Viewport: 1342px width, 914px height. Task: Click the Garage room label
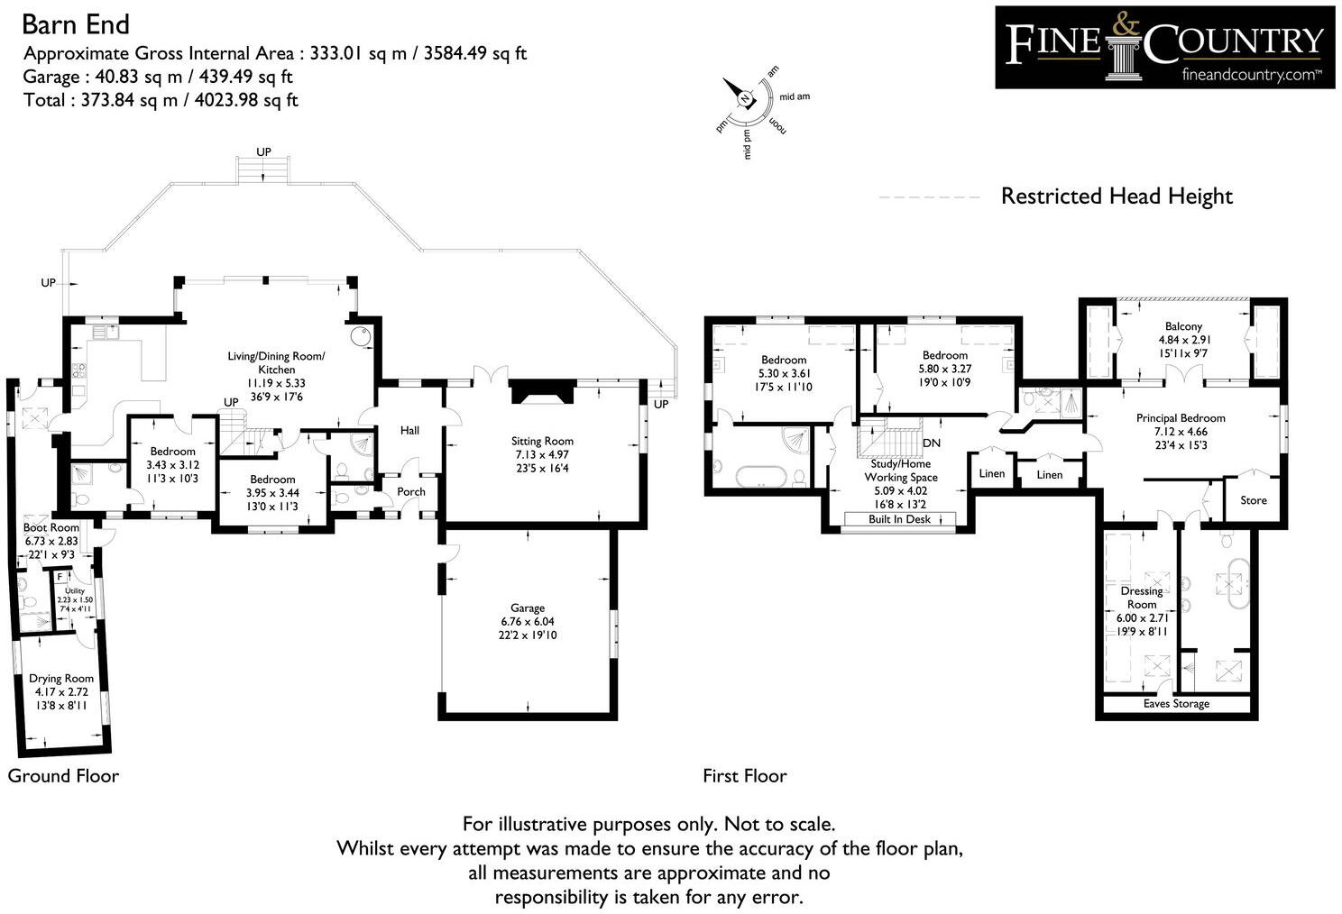point(528,608)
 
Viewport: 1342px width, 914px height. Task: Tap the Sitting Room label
point(541,442)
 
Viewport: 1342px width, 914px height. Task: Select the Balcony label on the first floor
point(1183,326)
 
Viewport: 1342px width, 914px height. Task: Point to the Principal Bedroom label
point(1180,418)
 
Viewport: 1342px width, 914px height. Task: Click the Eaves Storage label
point(1176,704)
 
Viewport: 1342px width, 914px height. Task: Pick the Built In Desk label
point(899,519)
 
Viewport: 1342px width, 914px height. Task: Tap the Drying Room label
point(61,679)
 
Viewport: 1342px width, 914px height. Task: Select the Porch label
point(411,491)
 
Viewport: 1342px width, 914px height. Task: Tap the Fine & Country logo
point(1164,47)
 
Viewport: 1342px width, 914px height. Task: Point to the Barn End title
point(76,23)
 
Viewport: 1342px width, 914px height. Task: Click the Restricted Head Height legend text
point(1116,197)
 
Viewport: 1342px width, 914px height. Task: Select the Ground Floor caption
point(63,776)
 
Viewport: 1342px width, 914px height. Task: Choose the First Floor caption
point(744,776)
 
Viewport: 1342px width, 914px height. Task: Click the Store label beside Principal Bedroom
point(1253,500)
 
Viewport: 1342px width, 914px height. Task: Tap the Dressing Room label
point(1142,598)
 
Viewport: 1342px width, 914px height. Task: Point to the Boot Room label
point(51,527)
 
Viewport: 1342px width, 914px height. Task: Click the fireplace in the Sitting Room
point(539,394)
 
